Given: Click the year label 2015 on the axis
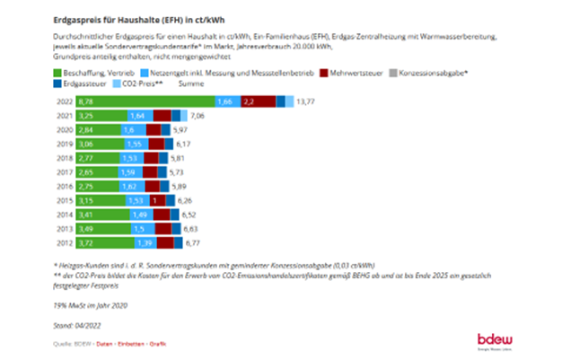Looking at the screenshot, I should tap(65, 201).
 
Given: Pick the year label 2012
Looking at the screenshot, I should tap(65, 242).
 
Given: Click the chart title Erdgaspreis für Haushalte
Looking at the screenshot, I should tap(122, 11).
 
